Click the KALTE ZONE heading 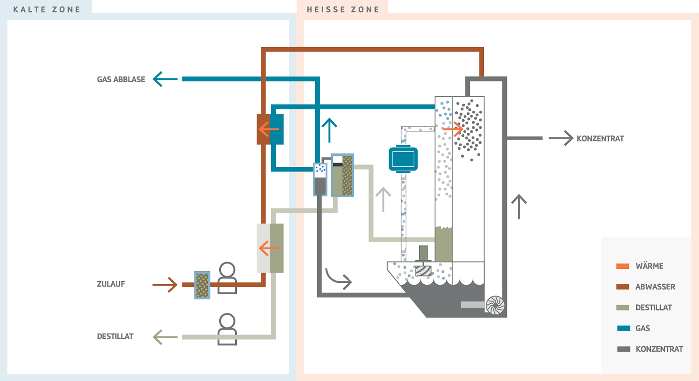click(47, 9)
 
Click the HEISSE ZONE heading click(343, 9)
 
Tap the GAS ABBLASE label click(121, 79)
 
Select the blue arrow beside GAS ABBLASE click(165, 79)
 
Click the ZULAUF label click(111, 284)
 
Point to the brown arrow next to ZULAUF click(165, 285)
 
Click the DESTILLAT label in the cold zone click(115, 337)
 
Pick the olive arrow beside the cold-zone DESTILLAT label click(165, 337)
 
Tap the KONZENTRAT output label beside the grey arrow click(600, 139)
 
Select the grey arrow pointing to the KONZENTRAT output click(561, 138)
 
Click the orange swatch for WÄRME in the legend click(623, 266)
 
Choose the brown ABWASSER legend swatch click(623, 287)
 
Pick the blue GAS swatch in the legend click(623, 328)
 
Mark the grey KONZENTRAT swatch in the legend click(623, 349)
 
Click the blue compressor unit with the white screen click(403, 158)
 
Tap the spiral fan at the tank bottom click(495, 305)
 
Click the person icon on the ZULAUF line click(227, 277)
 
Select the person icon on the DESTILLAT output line click(227, 329)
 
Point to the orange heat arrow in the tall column click(453, 129)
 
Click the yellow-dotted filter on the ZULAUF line click(202, 285)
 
